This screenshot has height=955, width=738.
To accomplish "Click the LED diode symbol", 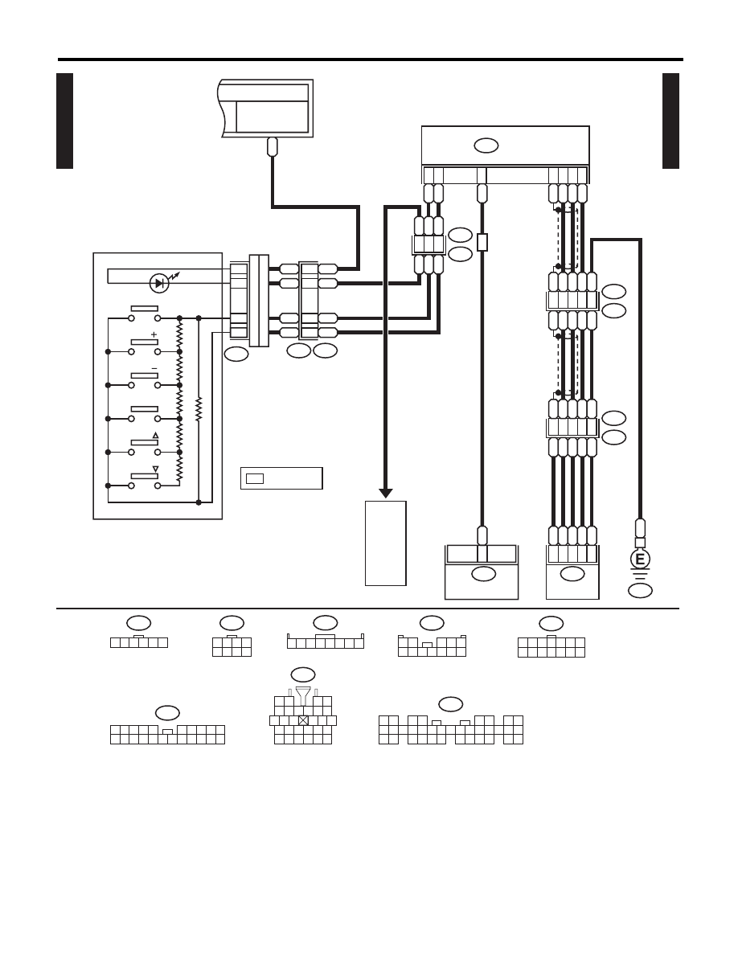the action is pos(159,283).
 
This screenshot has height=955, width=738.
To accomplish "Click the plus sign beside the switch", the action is pos(154,334).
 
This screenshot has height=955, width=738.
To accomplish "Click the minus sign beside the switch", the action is pos(154,368).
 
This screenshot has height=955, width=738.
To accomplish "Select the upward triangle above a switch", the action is pos(155,436).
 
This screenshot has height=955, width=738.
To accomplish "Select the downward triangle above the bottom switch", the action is pos(155,469).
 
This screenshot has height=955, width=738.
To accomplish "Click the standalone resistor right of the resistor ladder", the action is pos(199,409).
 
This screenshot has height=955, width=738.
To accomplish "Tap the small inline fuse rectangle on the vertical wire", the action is pos(482,243).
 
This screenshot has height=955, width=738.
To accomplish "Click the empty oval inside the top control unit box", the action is pos(486,146).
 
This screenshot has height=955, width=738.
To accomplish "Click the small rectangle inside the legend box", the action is pos(255,479).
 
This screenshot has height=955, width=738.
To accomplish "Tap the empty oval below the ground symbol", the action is pos(640,590).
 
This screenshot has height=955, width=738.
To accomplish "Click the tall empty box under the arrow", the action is pos(385,543).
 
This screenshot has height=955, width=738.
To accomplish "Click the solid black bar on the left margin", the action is pos(64,121).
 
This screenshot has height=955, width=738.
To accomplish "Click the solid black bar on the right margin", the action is pos(670,121).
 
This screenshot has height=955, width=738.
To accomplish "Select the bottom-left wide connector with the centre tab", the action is pos(167,735).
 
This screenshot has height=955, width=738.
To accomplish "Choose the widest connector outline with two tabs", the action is pos(450,730).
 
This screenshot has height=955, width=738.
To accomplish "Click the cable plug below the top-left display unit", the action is pos(273,146).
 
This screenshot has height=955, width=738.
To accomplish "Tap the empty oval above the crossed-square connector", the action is pos(303,674).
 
